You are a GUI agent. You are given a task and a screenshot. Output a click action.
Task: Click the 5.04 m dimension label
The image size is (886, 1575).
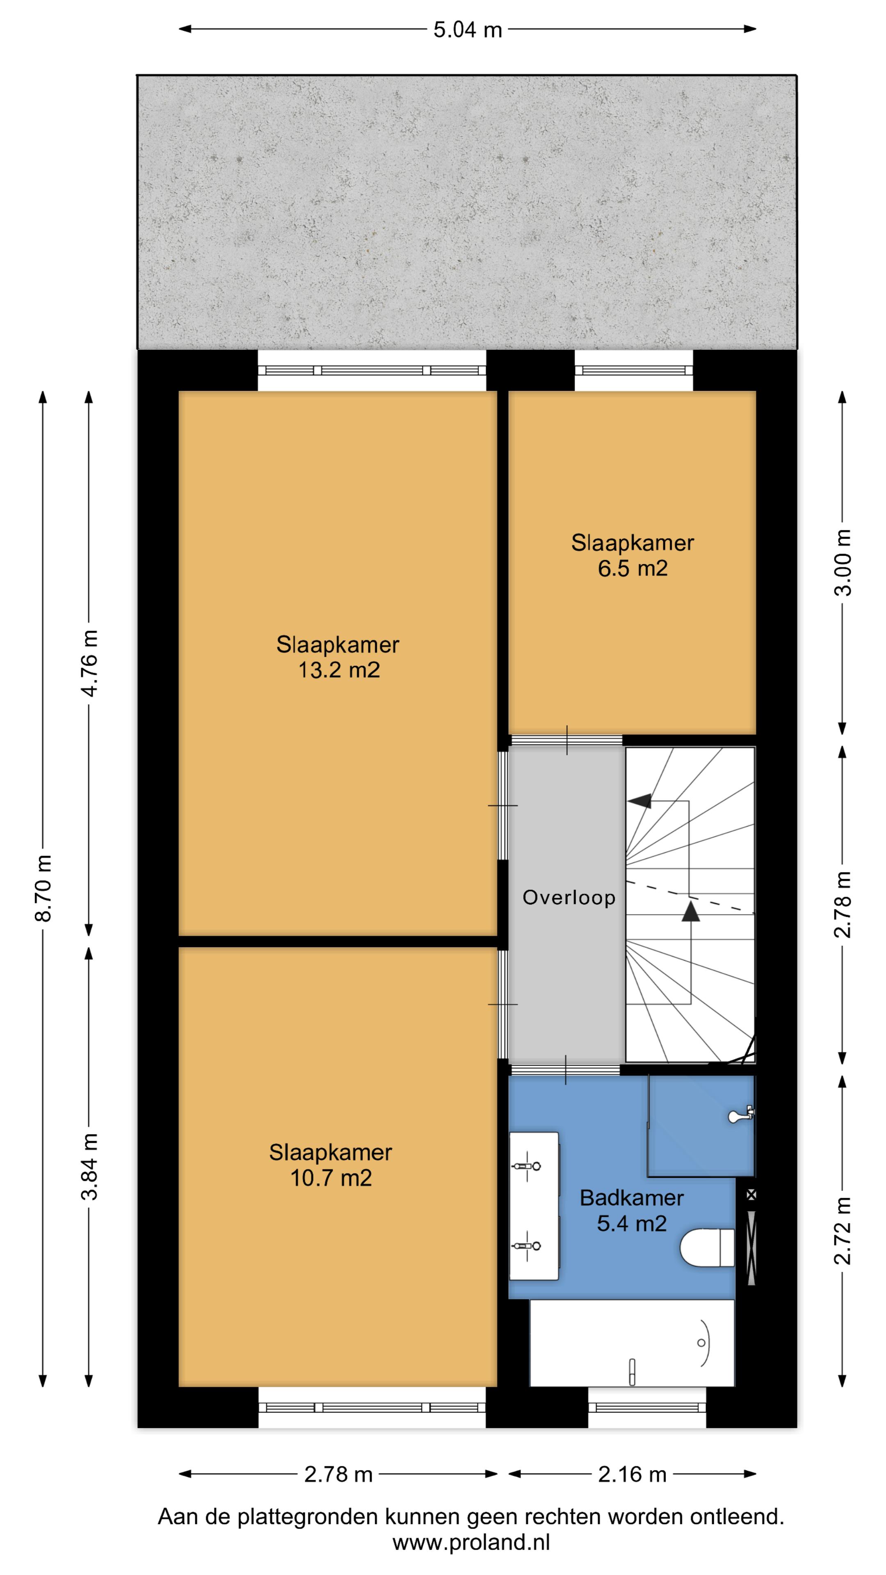[x=468, y=30]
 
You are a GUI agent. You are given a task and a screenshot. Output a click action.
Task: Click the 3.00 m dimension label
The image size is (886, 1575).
[x=843, y=562]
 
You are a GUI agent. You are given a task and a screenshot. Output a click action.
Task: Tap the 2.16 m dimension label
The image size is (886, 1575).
[x=632, y=1474]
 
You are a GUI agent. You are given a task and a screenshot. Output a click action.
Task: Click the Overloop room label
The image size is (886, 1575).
[x=569, y=897]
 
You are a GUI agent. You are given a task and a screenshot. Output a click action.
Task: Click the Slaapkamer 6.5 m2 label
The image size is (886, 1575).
[x=632, y=555]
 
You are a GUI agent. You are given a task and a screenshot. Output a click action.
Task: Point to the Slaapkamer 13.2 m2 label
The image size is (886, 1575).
[x=338, y=657]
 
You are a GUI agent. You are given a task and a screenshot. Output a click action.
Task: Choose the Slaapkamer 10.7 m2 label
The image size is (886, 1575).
[x=331, y=1165]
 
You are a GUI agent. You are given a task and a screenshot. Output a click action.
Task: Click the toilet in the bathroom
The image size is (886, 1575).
[x=707, y=1247]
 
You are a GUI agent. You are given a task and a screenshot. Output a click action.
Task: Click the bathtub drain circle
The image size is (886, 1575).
[x=701, y=1343]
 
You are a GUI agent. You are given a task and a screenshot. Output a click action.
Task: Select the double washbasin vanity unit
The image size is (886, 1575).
[x=534, y=1206]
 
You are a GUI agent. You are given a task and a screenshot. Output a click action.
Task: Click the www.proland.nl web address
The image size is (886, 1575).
[x=471, y=1542]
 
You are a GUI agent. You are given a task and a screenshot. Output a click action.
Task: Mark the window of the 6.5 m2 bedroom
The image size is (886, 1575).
[x=633, y=370]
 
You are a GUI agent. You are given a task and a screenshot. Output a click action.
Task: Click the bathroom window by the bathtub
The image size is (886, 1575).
[x=647, y=1408]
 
